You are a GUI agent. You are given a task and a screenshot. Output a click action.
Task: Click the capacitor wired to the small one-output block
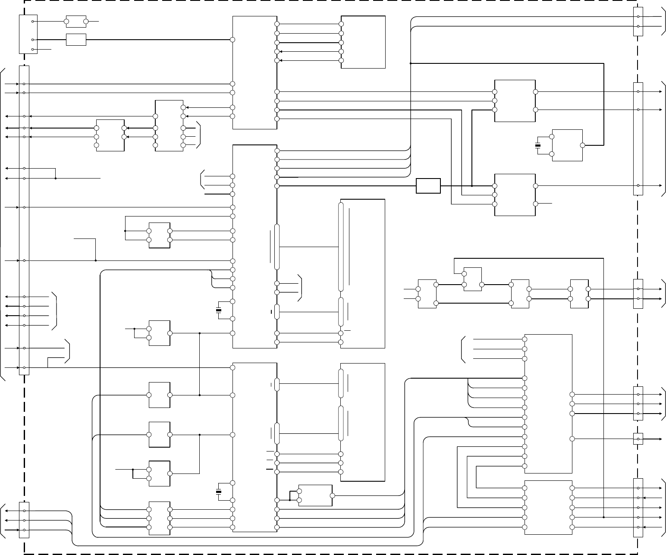[x=537, y=145]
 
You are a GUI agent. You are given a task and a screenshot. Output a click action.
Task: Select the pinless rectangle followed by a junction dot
[x=428, y=186]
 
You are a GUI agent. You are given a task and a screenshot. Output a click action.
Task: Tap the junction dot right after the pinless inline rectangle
[x=472, y=186]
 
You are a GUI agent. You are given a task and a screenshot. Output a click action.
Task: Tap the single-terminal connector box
[x=638, y=439]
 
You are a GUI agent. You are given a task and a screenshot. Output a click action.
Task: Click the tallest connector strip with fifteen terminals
[x=24, y=220]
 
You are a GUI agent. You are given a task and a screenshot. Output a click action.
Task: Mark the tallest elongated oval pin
[x=341, y=247]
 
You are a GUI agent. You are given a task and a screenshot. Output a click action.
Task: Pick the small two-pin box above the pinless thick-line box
[x=75, y=21]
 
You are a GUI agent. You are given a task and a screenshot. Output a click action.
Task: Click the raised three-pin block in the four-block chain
[x=472, y=279]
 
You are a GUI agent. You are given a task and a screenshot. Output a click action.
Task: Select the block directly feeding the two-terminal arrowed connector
[x=579, y=294]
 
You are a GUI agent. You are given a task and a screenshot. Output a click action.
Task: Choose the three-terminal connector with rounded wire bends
[x=24, y=520]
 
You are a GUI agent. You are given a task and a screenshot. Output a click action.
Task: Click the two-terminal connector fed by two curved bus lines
[x=638, y=22]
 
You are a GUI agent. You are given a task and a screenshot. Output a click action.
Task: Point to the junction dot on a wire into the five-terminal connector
[x=603, y=517]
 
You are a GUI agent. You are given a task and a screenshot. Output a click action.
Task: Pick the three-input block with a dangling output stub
[x=515, y=195]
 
